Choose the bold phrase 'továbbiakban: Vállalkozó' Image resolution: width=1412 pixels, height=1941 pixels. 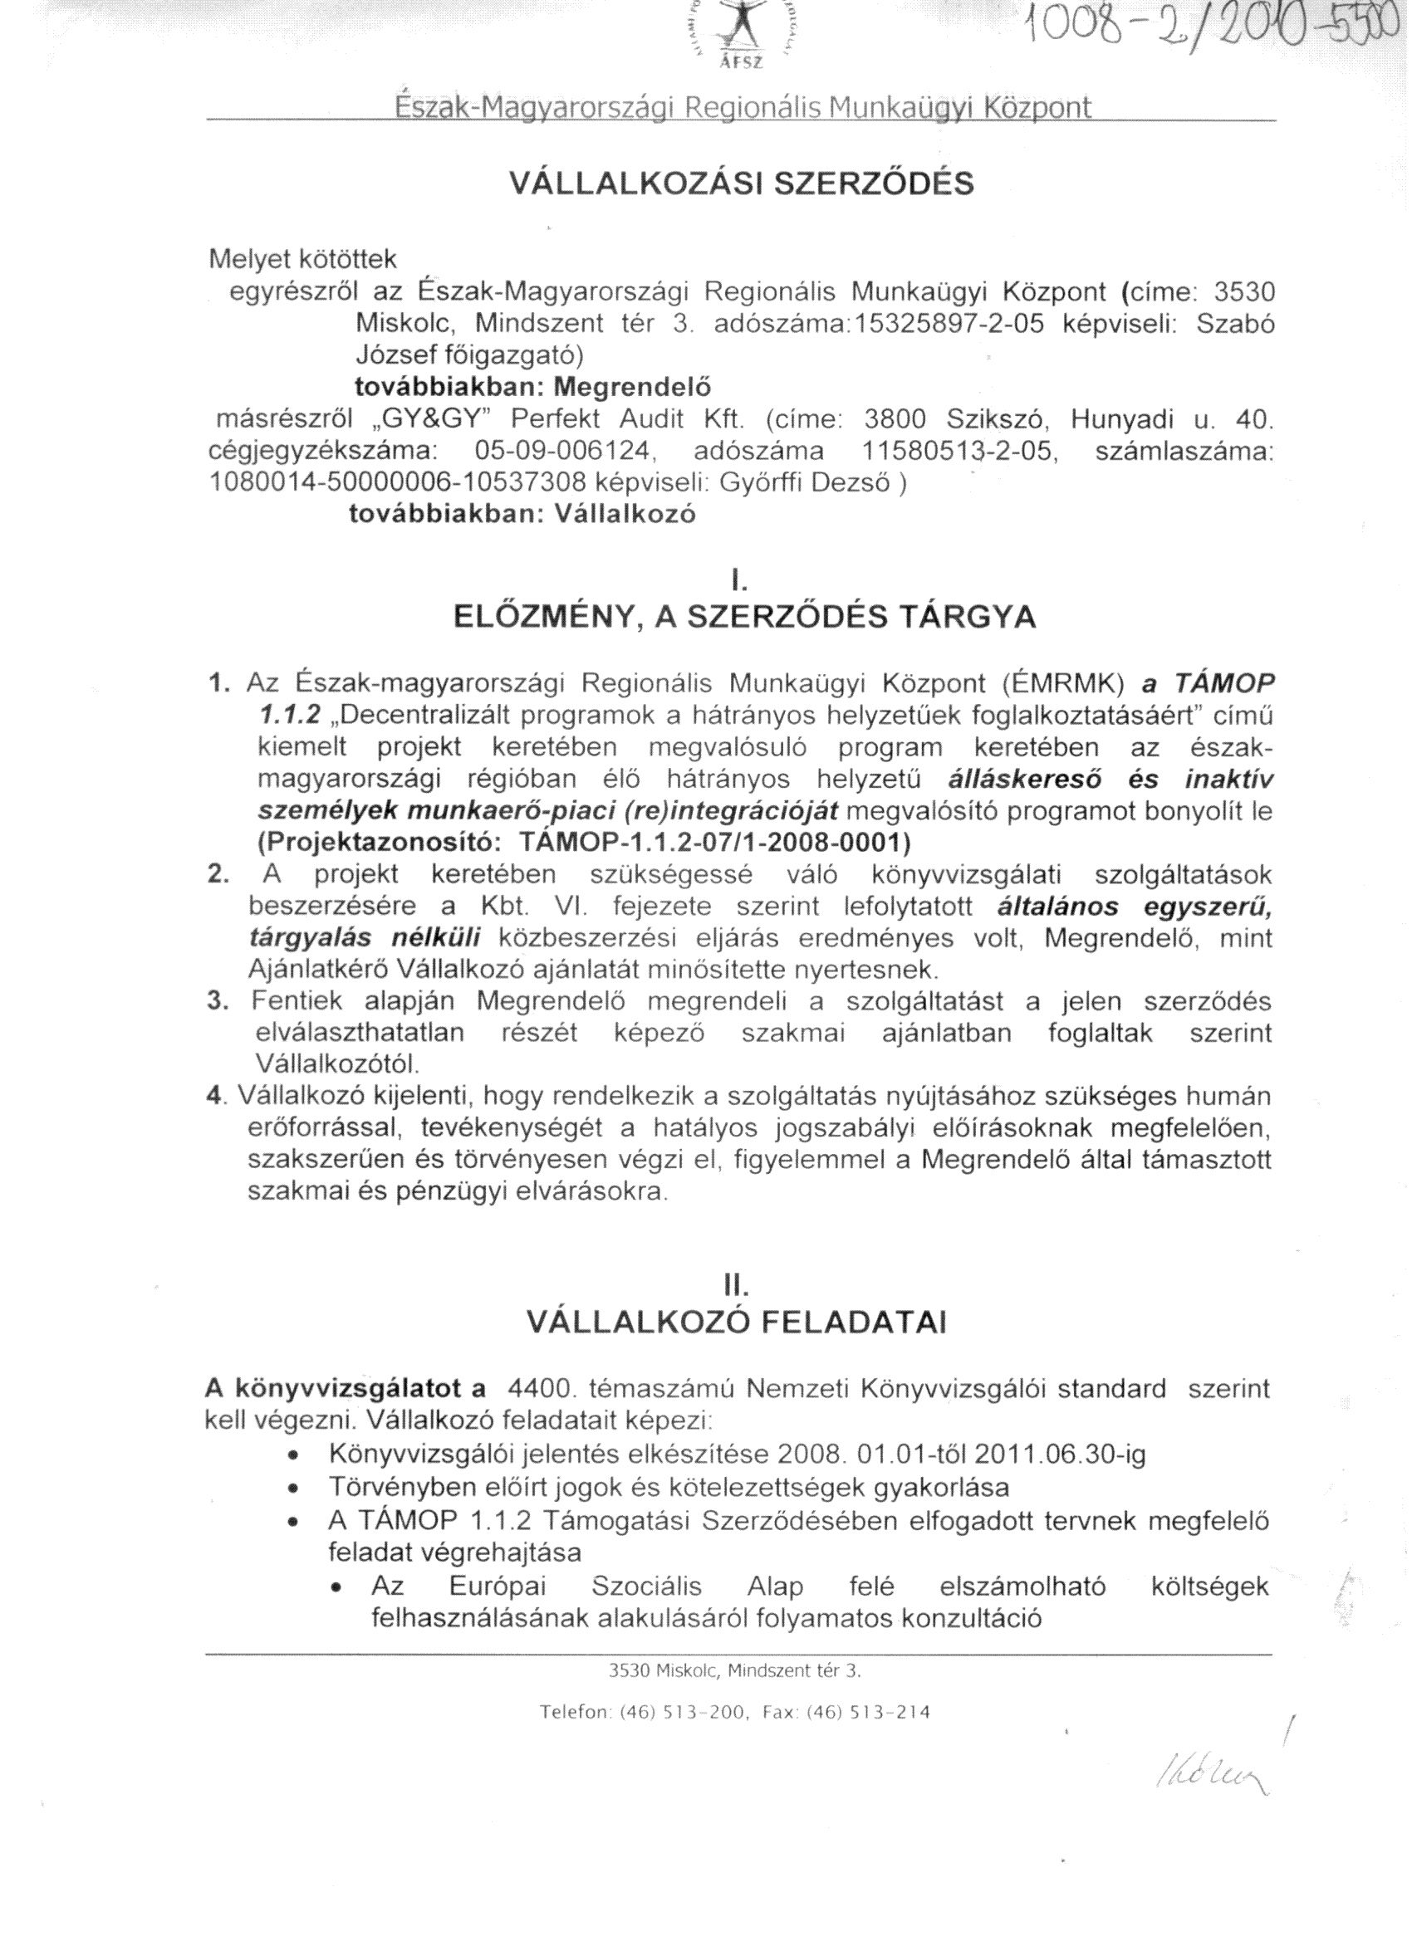click(x=522, y=515)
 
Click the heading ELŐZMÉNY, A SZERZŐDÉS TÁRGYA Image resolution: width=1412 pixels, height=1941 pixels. click(x=743, y=617)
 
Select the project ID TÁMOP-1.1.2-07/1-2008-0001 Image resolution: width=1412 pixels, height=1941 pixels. click(x=715, y=842)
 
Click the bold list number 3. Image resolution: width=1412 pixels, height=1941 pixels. click(x=217, y=1001)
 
